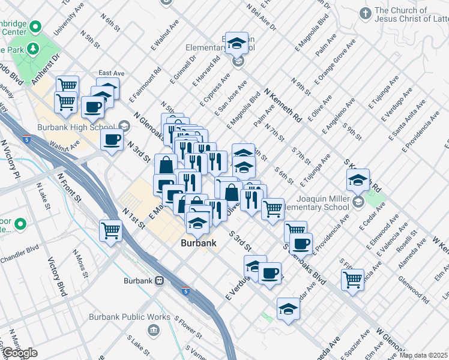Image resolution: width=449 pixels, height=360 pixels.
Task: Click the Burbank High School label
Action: click(x=83, y=127)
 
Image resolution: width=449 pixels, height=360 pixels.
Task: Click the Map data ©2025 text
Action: click(x=423, y=355)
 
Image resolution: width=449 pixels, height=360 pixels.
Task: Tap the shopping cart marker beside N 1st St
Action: click(x=111, y=229)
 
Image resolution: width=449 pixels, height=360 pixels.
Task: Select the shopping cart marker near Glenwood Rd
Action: click(x=352, y=278)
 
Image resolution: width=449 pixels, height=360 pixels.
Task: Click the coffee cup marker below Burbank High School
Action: click(x=112, y=140)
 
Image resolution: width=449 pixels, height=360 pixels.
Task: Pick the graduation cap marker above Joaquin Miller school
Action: click(x=357, y=179)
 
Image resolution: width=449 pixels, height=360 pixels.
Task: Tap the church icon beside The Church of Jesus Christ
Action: click(x=365, y=13)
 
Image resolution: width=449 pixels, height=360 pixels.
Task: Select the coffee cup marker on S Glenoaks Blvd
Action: click(x=300, y=244)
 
